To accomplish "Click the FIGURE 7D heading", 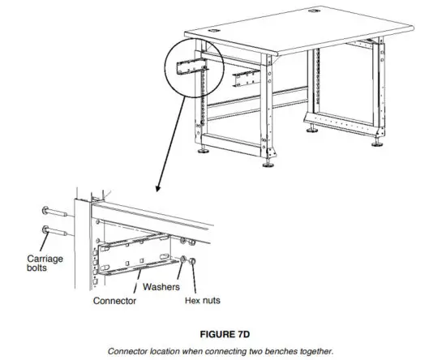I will click(x=222, y=332).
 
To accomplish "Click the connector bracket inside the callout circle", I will click(x=196, y=64).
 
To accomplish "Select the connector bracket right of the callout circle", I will click(x=247, y=78).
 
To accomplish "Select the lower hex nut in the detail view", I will click(x=191, y=262).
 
